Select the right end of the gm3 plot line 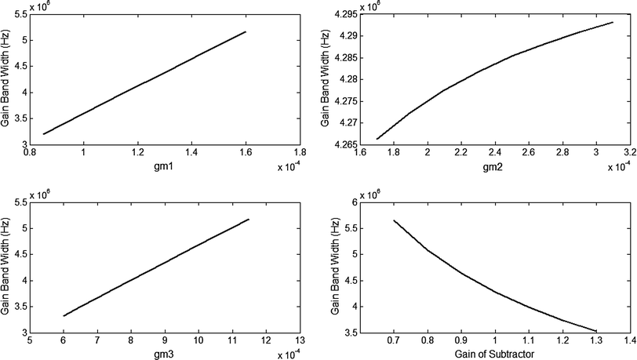(249, 220)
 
